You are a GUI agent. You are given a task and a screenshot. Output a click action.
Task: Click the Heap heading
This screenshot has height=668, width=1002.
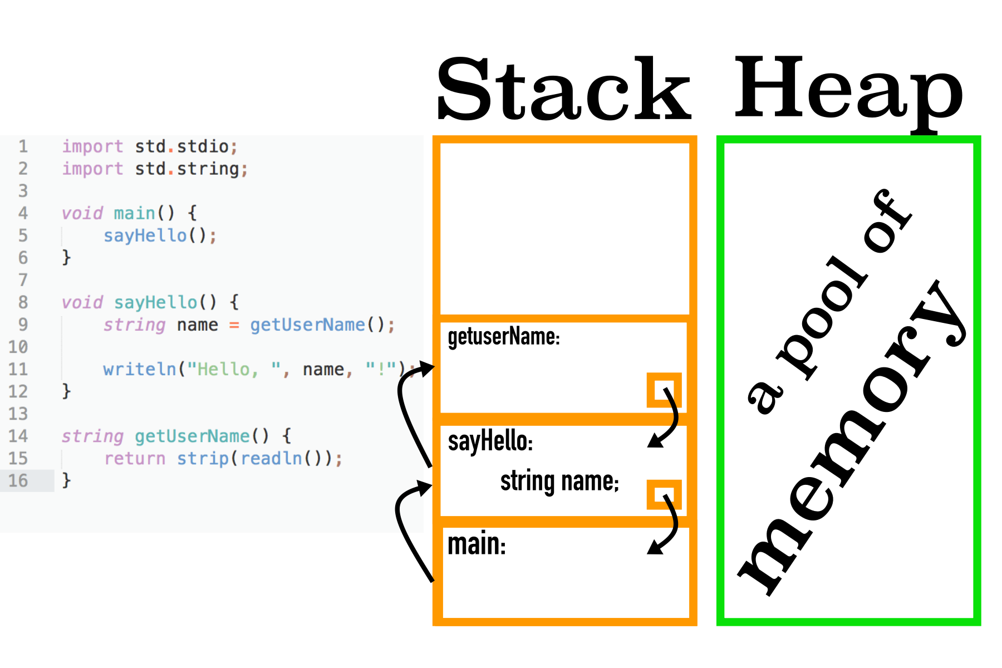(x=848, y=89)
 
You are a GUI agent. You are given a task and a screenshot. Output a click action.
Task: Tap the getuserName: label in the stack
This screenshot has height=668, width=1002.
(x=503, y=337)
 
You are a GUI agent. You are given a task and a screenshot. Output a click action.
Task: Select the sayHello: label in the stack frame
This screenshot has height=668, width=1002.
(x=490, y=441)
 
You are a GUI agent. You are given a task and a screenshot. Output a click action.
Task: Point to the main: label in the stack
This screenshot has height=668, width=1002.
(x=477, y=544)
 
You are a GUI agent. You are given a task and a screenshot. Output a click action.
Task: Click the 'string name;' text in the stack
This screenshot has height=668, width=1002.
(x=559, y=482)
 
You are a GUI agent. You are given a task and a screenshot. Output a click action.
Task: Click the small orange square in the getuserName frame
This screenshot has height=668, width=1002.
(x=664, y=390)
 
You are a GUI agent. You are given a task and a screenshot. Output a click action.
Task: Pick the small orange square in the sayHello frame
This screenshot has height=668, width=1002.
(x=664, y=494)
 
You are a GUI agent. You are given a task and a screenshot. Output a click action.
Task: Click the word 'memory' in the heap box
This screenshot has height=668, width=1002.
(x=852, y=440)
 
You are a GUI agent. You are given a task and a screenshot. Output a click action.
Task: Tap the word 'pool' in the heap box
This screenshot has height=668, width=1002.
(x=824, y=317)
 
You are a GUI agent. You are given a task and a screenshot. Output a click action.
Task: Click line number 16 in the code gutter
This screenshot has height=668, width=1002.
(x=18, y=480)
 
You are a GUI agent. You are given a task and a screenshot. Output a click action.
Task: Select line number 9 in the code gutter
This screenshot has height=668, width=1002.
(x=23, y=325)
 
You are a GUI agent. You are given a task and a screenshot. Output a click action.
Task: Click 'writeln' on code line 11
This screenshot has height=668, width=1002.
(x=139, y=369)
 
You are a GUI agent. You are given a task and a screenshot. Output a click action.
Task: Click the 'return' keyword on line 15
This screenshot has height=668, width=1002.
(x=135, y=458)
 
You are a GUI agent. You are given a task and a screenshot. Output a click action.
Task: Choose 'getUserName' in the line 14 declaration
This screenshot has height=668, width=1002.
(x=192, y=436)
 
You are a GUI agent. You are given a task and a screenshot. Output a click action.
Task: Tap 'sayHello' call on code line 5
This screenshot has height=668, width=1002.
(x=145, y=235)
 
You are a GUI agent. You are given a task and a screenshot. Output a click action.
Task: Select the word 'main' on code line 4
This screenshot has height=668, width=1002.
(x=134, y=213)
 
